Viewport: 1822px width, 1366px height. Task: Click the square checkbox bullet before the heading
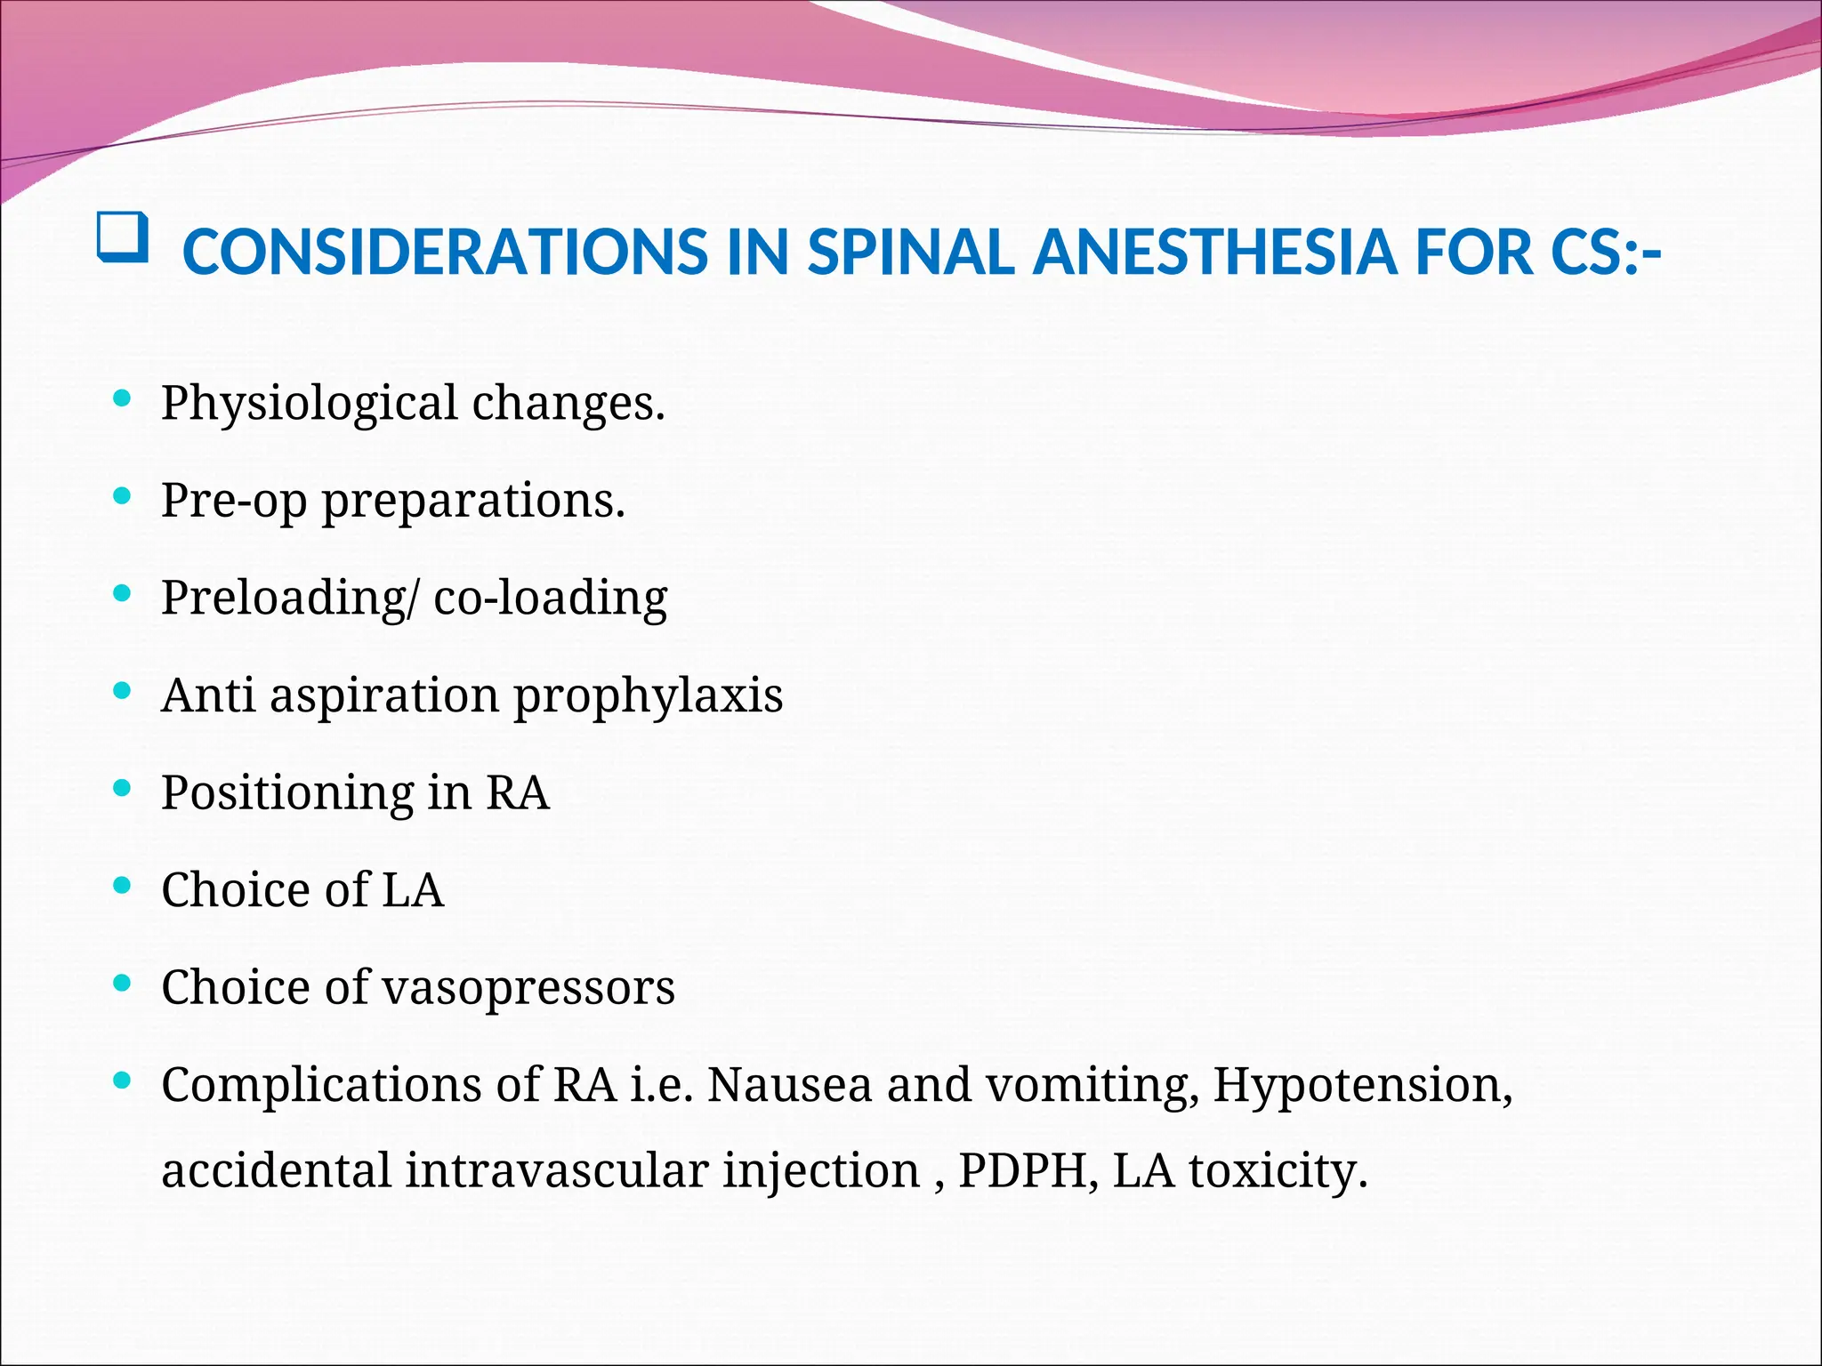pyautogui.click(x=122, y=238)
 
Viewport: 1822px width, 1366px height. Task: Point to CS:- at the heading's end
pyautogui.click(x=1605, y=252)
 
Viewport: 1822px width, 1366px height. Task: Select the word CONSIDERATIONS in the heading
pyautogui.click(x=445, y=252)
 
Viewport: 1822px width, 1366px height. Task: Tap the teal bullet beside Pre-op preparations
pyautogui.click(x=123, y=496)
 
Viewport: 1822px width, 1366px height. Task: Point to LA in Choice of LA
pyautogui.click(x=412, y=889)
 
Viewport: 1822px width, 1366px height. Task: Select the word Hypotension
pyautogui.click(x=1361, y=1086)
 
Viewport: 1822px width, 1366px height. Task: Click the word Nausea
pyautogui.click(x=789, y=1086)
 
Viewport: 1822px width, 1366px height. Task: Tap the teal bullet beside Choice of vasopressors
pyautogui.click(x=123, y=983)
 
